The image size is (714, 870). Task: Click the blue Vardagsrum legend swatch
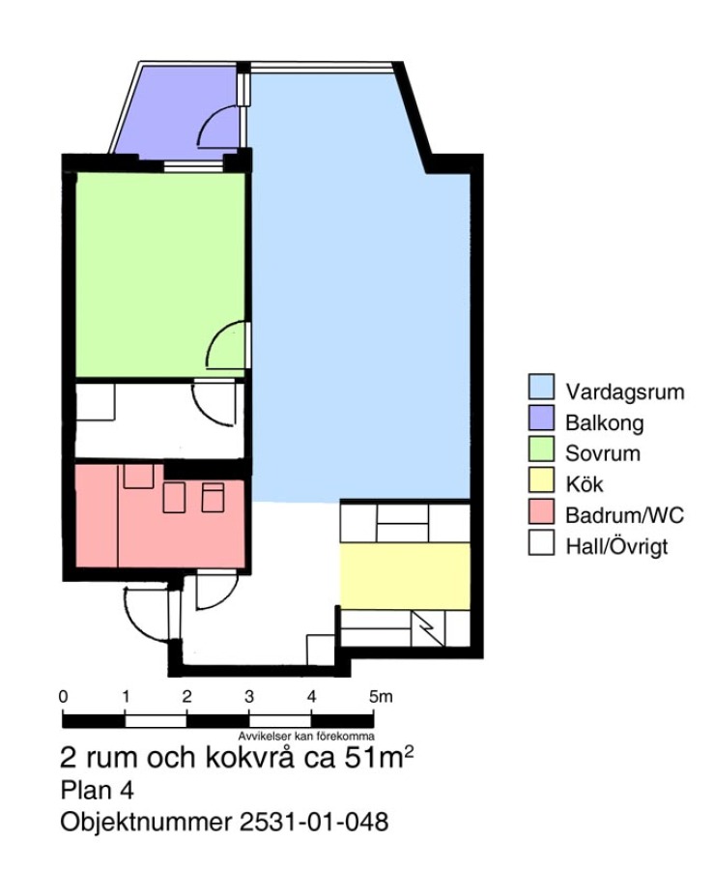(541, 387)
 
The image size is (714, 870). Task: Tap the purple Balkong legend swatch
(541, 418)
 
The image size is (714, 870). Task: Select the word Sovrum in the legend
(603, 453)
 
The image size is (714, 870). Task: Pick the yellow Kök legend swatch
(541, 479)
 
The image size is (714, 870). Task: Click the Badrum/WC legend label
(624, 515)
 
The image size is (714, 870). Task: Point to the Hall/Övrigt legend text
(616, 547)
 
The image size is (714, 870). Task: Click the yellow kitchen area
(405, 576)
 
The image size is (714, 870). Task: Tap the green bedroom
(159, 275)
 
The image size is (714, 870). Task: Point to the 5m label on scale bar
(381, 696)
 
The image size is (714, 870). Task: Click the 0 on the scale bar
(63, 696)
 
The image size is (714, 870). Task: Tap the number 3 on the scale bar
(249, 696)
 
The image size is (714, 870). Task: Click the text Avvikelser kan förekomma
(306, 737)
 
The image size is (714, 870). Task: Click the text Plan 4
(97, 791)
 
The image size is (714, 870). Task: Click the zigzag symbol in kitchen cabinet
(428, 628)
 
